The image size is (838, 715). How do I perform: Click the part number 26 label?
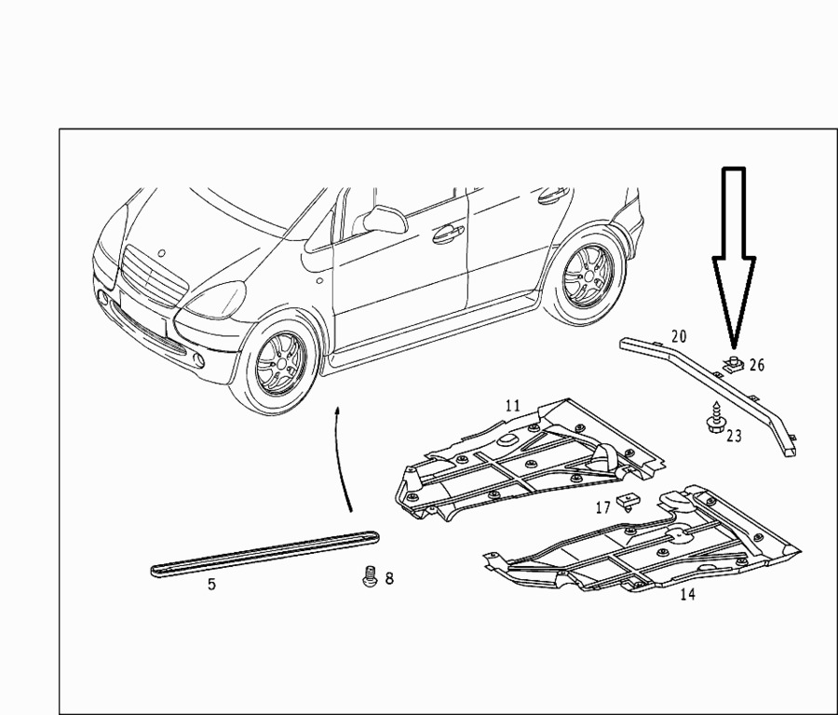757,365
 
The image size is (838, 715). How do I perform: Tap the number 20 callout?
679,337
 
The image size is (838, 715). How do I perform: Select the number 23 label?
734,436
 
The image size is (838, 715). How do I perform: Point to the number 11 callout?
512,406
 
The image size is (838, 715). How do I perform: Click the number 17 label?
602,507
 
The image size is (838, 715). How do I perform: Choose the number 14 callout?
688,594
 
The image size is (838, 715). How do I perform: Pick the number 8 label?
389,578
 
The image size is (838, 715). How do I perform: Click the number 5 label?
211,585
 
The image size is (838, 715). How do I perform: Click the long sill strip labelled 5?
265,554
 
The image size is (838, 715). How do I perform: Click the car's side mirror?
385,219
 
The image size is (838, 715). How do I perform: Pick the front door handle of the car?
448,234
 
